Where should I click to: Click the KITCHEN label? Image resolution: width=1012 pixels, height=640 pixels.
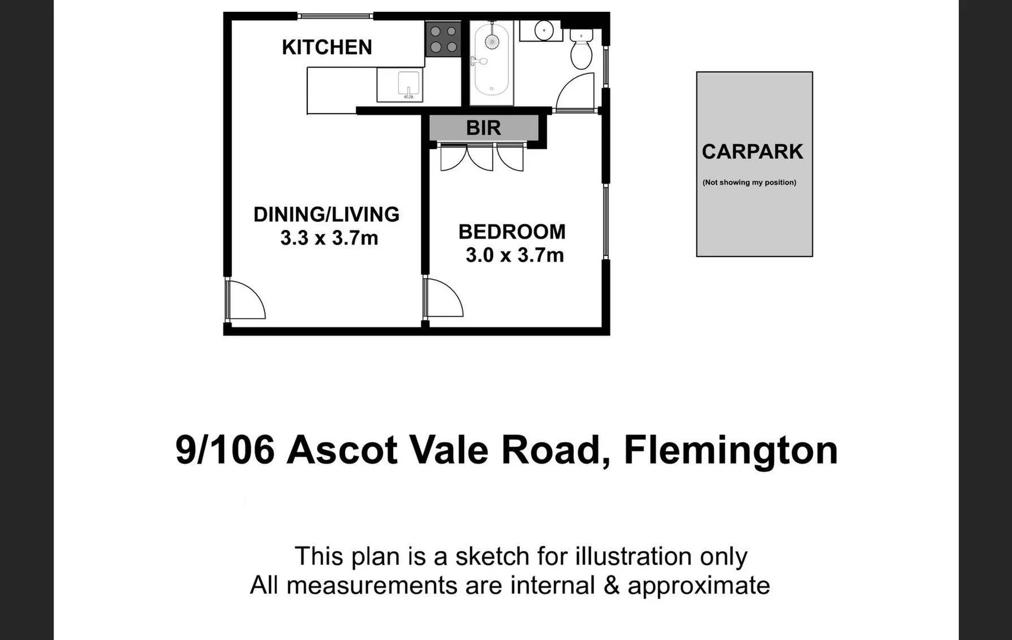tap(327, 47)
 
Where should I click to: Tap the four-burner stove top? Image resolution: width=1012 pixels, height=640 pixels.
tap(443, 39)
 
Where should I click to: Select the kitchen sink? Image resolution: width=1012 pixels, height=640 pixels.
tap(408, 85)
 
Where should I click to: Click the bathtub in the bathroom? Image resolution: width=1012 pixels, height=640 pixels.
tap(491, 59)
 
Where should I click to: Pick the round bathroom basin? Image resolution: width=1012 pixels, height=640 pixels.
tap(544, 30)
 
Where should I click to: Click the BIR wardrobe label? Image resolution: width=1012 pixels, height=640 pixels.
tap(483, 127)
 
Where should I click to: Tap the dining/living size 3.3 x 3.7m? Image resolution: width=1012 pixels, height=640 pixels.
tap(329, 238)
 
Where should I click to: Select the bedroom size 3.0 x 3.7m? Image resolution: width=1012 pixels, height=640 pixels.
tap(514, 255)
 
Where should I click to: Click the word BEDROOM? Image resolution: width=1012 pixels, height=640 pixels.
tap(512, 232)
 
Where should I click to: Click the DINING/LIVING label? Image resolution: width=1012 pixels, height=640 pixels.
tap(326, 214)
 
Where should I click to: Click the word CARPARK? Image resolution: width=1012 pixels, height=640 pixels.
tap(752, 152)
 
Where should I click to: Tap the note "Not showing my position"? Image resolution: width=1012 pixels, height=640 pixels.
tap(749, 183)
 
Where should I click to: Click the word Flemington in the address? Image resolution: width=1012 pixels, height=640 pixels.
tap(730, 450)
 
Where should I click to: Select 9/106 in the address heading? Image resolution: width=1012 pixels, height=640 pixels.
tap(225, 450)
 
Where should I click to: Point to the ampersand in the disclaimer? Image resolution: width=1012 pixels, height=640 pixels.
tap(611, 585)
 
